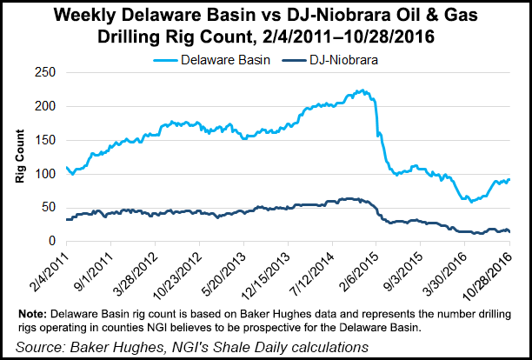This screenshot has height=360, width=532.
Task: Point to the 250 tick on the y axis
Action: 50,72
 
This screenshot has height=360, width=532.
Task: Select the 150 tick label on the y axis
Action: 50,140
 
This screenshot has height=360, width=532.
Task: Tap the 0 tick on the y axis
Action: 57,242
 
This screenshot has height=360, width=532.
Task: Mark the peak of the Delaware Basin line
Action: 361,90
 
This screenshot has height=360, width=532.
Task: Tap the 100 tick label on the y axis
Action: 50,174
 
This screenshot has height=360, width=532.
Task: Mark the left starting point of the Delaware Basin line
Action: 66,167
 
